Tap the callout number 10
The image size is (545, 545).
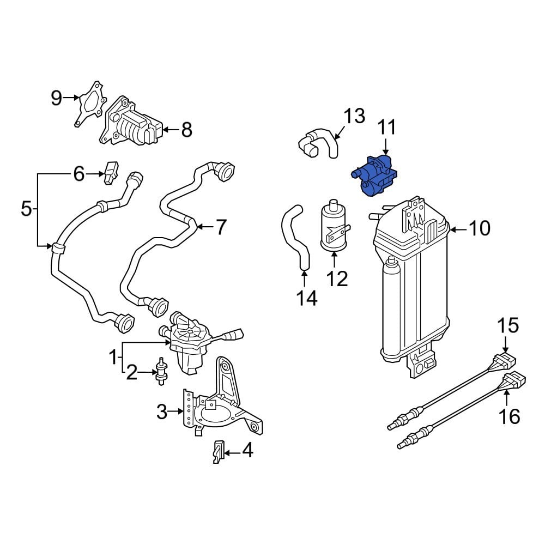point(480,229)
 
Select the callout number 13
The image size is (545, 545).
point(354,116)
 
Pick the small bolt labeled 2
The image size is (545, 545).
point(162,372)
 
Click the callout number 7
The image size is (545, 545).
point(220,227)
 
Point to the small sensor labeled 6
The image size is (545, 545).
point(112,171)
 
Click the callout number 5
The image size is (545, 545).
point(26,208)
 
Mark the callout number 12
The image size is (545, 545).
point(337,279)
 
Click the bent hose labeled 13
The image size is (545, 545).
point(319,143)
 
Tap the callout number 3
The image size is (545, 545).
point(162,412)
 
